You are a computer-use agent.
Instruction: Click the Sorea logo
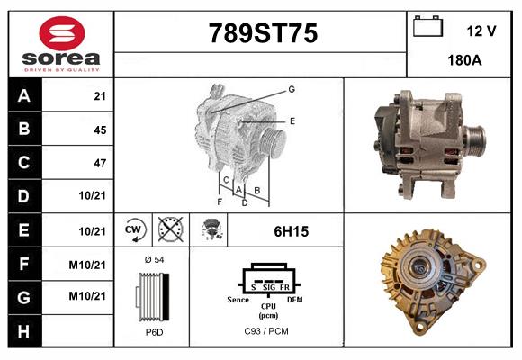click(60, 44)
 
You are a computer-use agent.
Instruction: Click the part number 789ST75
click(262, 33)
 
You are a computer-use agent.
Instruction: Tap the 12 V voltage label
click(481, 31)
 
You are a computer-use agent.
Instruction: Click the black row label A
click(23, 96)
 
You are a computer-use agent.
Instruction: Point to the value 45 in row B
click(99, 130)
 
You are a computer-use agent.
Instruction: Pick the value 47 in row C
click(99, 163)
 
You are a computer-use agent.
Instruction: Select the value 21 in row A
click(99, 96)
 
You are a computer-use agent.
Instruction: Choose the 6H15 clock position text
click(291, 231)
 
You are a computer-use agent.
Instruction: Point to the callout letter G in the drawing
click(292, 89)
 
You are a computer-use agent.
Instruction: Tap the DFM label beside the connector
click(294, 298)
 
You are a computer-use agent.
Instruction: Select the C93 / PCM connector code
click(267, 332)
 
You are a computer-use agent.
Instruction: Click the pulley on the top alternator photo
click(473, 140)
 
